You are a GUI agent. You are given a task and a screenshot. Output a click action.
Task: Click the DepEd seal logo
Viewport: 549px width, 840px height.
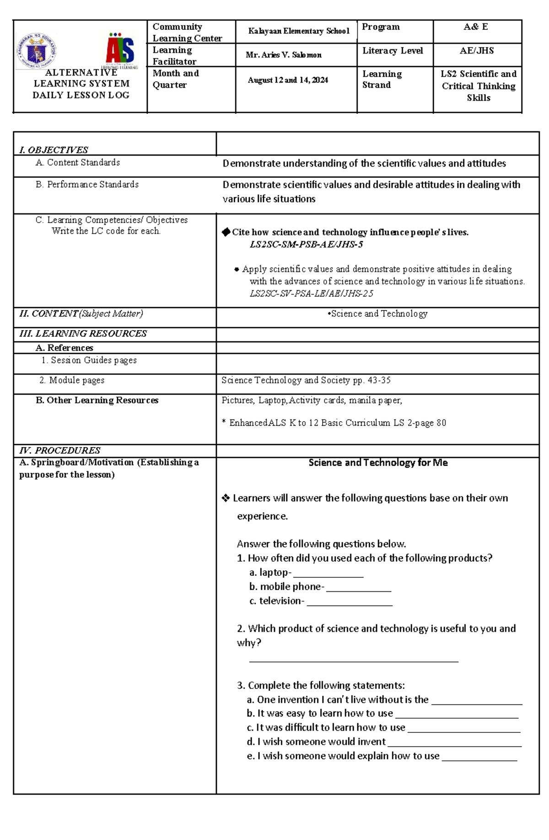click(36, 51)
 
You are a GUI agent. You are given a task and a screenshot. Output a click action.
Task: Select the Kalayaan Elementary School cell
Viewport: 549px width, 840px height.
click(298, 31)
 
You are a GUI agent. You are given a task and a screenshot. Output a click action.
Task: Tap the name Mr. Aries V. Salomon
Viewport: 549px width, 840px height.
click(283, 55)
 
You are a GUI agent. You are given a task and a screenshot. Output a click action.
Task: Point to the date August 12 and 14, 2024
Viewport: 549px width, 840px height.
click(288, 80)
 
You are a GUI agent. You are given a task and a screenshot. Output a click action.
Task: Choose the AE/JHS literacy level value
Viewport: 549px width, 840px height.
click(477, 51)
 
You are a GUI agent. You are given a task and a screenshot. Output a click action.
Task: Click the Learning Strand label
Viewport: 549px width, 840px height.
click(382, 79)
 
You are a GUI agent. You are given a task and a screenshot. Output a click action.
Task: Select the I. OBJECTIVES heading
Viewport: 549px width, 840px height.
click(54, 150)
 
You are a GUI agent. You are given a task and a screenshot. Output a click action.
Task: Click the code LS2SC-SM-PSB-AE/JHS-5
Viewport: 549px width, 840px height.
click(306, 244)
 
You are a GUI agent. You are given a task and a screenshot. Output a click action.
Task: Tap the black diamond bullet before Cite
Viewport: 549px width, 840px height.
click(226, 232)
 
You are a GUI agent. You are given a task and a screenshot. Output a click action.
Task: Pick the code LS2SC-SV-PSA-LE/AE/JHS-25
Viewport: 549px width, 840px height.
click(311, 293)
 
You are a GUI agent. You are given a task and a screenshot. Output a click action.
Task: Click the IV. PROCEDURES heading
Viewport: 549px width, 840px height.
click(59, 450)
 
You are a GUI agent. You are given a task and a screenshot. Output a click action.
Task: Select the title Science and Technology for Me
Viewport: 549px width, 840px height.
click(378, 463)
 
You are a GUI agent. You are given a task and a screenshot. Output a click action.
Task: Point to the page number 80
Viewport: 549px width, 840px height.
click(441, 423)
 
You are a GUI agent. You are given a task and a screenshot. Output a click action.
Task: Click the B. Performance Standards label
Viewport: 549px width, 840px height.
click(87, 184)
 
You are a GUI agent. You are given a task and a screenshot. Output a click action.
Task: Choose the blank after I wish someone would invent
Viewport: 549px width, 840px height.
click(454, 743)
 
